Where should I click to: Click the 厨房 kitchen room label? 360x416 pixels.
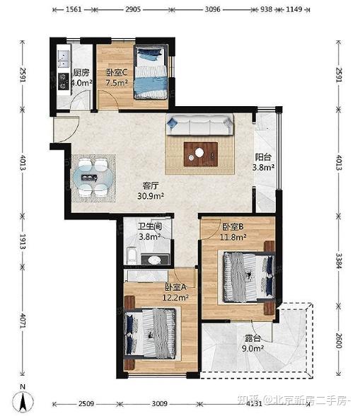click(81, 72)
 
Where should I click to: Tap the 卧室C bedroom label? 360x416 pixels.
click(117, 72)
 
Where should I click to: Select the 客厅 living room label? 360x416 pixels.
click(151, 185)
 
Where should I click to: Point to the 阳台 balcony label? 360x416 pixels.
click(263, 157)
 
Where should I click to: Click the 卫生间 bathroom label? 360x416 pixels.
click(150, 226)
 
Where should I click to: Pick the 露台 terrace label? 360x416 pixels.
click(252, 338)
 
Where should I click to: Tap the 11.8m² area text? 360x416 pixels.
click(233, 236)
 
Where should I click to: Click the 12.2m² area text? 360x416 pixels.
click(175, 297)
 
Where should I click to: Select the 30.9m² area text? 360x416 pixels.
click(151, 196)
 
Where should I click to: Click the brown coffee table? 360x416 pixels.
click(201, 154)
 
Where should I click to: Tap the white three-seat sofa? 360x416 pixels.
click(200, 125)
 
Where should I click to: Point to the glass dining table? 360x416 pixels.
click(93, 177)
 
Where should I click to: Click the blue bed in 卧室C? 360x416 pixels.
click(151, 72)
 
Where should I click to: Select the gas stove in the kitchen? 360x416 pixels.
click(64, 81)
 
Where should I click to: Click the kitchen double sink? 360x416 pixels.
click(64, 59)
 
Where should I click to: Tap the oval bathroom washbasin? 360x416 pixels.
click(154, 260)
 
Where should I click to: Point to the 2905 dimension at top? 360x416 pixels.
click(133, 10)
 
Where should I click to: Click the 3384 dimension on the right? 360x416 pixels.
click(339, 261)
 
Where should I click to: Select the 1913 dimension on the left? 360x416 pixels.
click(23, 241)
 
